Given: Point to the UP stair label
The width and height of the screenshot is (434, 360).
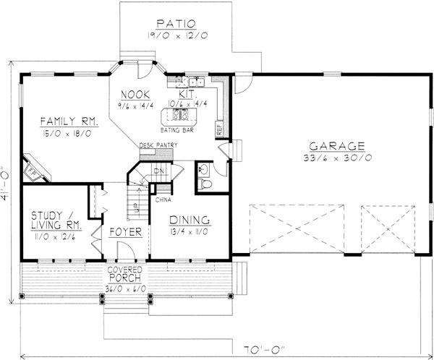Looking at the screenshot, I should coord(135,207).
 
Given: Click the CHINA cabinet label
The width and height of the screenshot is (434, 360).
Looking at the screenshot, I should coord(163,196).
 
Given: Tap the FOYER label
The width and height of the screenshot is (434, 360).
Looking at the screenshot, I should coord(124,233).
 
